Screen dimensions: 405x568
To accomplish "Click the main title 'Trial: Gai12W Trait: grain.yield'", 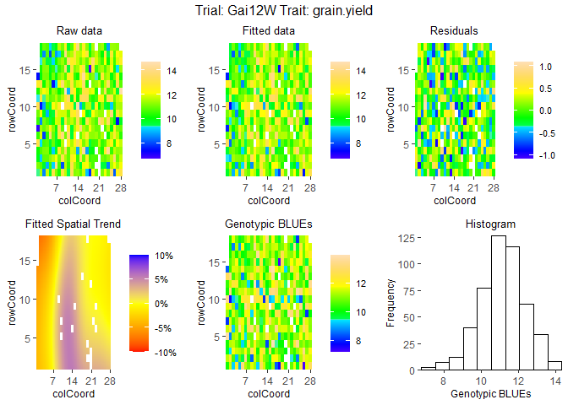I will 284,12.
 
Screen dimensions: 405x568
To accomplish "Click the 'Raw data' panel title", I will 79,31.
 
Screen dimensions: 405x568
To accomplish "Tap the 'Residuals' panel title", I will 454,31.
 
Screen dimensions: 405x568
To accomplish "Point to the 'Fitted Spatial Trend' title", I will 73,224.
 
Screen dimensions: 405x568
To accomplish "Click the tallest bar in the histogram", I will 499,304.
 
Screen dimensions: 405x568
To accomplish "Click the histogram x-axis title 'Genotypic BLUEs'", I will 490,395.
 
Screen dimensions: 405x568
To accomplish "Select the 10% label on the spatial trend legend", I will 164,256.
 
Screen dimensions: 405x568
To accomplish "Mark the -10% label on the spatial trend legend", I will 164,353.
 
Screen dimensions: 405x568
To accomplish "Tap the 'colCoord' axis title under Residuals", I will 454,201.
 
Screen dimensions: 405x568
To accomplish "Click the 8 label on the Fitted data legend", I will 358,143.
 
